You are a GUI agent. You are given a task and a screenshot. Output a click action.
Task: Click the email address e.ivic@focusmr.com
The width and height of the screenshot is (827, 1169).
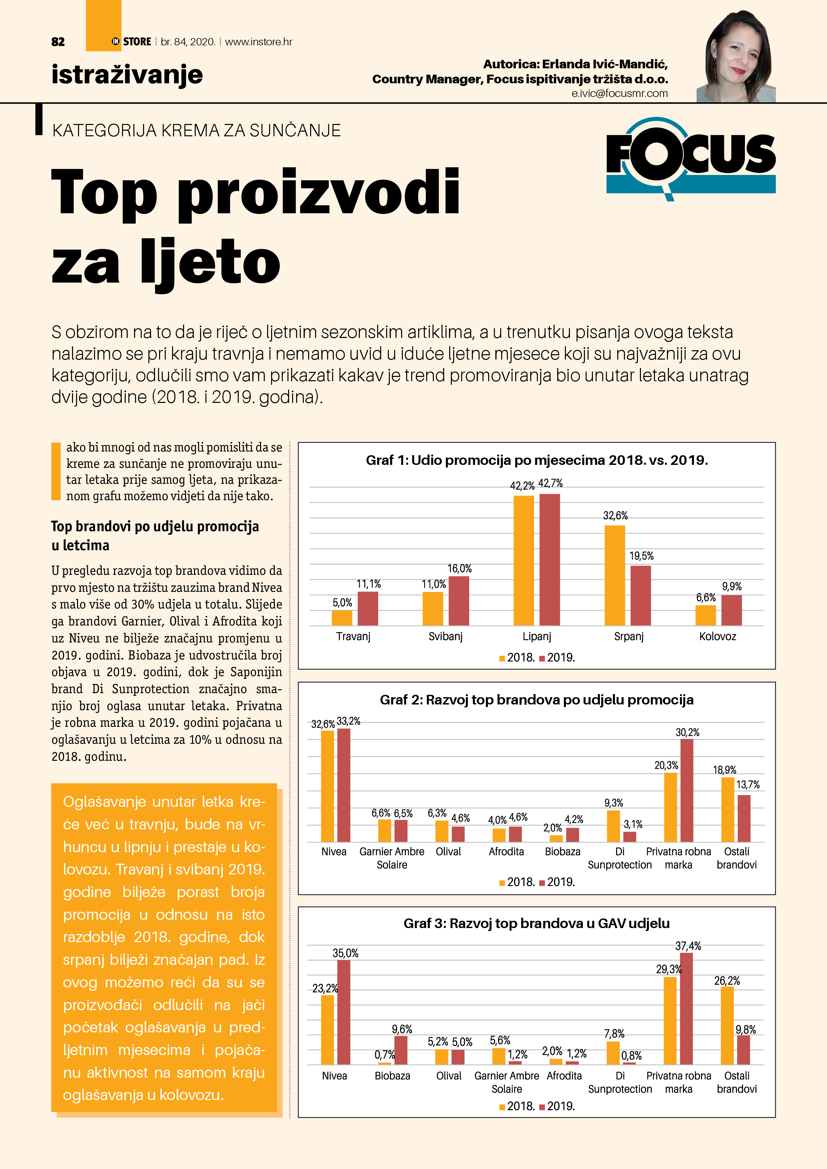[619, 94]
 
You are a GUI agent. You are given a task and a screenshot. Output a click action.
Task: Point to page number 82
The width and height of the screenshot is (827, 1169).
[58, 42]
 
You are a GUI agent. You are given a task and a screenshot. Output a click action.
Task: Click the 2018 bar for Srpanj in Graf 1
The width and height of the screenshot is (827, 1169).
[615, 575]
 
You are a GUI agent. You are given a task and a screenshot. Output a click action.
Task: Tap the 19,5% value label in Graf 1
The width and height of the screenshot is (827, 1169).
[641, 556]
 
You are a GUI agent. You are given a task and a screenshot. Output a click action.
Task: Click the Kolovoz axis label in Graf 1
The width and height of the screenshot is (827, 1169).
[717, 636]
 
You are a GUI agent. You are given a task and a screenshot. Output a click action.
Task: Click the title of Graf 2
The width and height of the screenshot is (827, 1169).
[537, 700]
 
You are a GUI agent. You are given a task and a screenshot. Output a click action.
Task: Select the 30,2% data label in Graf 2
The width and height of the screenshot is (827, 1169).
[687, 733]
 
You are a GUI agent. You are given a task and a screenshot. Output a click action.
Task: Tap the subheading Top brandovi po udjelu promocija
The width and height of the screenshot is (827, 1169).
[155, 527]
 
